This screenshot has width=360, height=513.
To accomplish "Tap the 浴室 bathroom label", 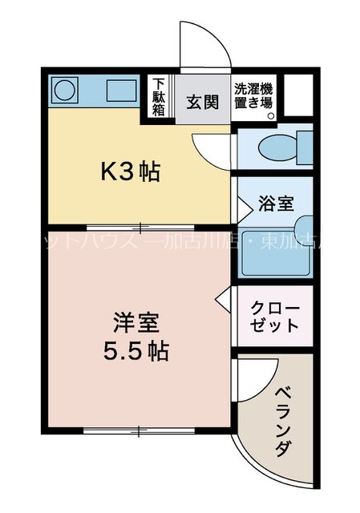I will (x=276, y=203).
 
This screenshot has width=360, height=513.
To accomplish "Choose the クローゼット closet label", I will (x=275, y=317).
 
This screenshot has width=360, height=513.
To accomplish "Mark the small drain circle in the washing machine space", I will (x=271, y=115).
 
